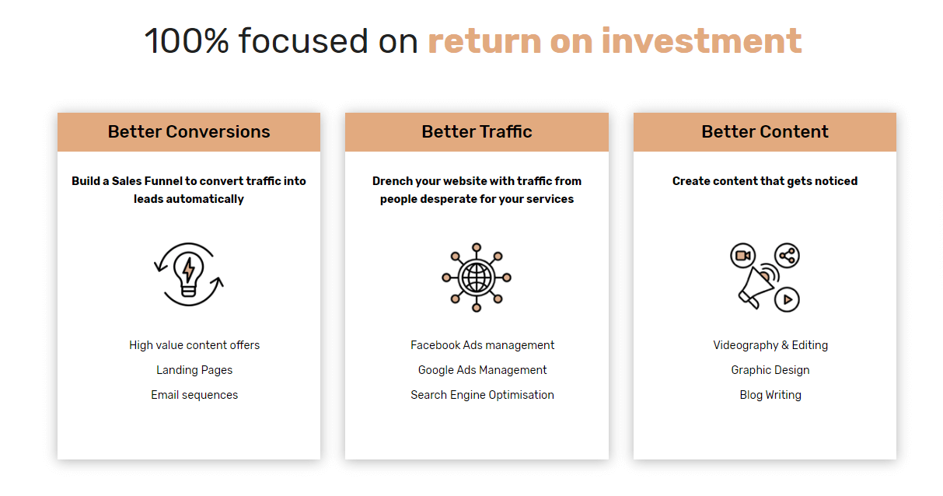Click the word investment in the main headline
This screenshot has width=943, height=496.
tap(702, 41)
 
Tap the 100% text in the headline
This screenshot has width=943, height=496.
tap(187, 41)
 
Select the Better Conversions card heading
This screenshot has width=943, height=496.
tap(189, 132)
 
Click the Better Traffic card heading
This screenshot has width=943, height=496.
tap(477, 132)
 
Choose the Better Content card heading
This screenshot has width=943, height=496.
tap(765, 132)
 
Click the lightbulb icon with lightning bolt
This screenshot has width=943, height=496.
tap(189, 274)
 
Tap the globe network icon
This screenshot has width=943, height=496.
tap(477, 278)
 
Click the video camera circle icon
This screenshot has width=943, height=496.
tap(743, 256)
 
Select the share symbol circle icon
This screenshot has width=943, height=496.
tap(787, 256)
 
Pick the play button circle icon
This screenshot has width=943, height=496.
tap(787, 299)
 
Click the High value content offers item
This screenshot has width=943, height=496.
tap(194, 345)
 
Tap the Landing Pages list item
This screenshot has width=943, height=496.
tap(194, 370)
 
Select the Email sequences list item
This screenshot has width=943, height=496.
tap(194, 395)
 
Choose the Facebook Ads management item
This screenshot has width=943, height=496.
tap(483, 345)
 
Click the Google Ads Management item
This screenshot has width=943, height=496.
tap(483, 370)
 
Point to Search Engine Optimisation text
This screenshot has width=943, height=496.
tap(483, 395)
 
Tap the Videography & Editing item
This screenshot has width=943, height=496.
tap(770, 345)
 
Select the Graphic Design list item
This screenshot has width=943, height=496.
tap(770, 370)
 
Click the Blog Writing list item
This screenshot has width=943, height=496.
tap(770, 395)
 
